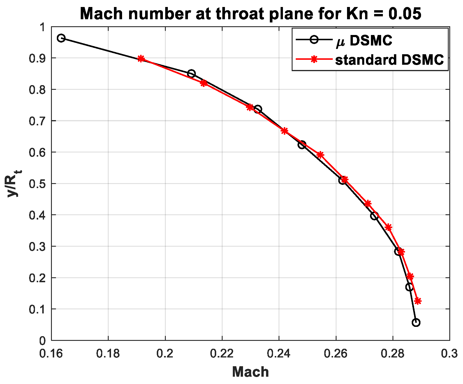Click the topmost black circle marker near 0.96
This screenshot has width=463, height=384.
pyautogui.click(x=61, y=38)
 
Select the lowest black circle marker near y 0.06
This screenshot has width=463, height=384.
pyautogui.click(x=416, y=322)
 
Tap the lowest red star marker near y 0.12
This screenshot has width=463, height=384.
pyautogui.click(x=418, y=301)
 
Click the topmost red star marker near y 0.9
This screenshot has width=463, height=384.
pyautogui.click(x=141, y=59)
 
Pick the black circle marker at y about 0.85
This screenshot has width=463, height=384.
pyautogui.click(x=191, y=73)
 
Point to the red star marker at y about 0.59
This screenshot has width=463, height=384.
pyautogui.click(x=320, y=155)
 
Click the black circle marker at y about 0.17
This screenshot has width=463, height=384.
pyautogui.click(x=409, y=287)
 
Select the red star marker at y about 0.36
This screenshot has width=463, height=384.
pyautogui.click(x=388, y=227)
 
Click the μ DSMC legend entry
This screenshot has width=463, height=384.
pyautogui.click(x=364, y=41)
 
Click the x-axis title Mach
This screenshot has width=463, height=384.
pyautogui.click(x=250, y=372)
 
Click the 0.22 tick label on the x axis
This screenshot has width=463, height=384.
pyautogui.click(x=222, y=353)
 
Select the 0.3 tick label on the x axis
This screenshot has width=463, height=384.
pyautogui.click(x=449, y=353)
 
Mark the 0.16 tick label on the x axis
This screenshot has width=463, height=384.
pyautogui.click(x=52, y=353)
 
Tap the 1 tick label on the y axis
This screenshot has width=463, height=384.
pyautogui.click(x=43, y=27)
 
